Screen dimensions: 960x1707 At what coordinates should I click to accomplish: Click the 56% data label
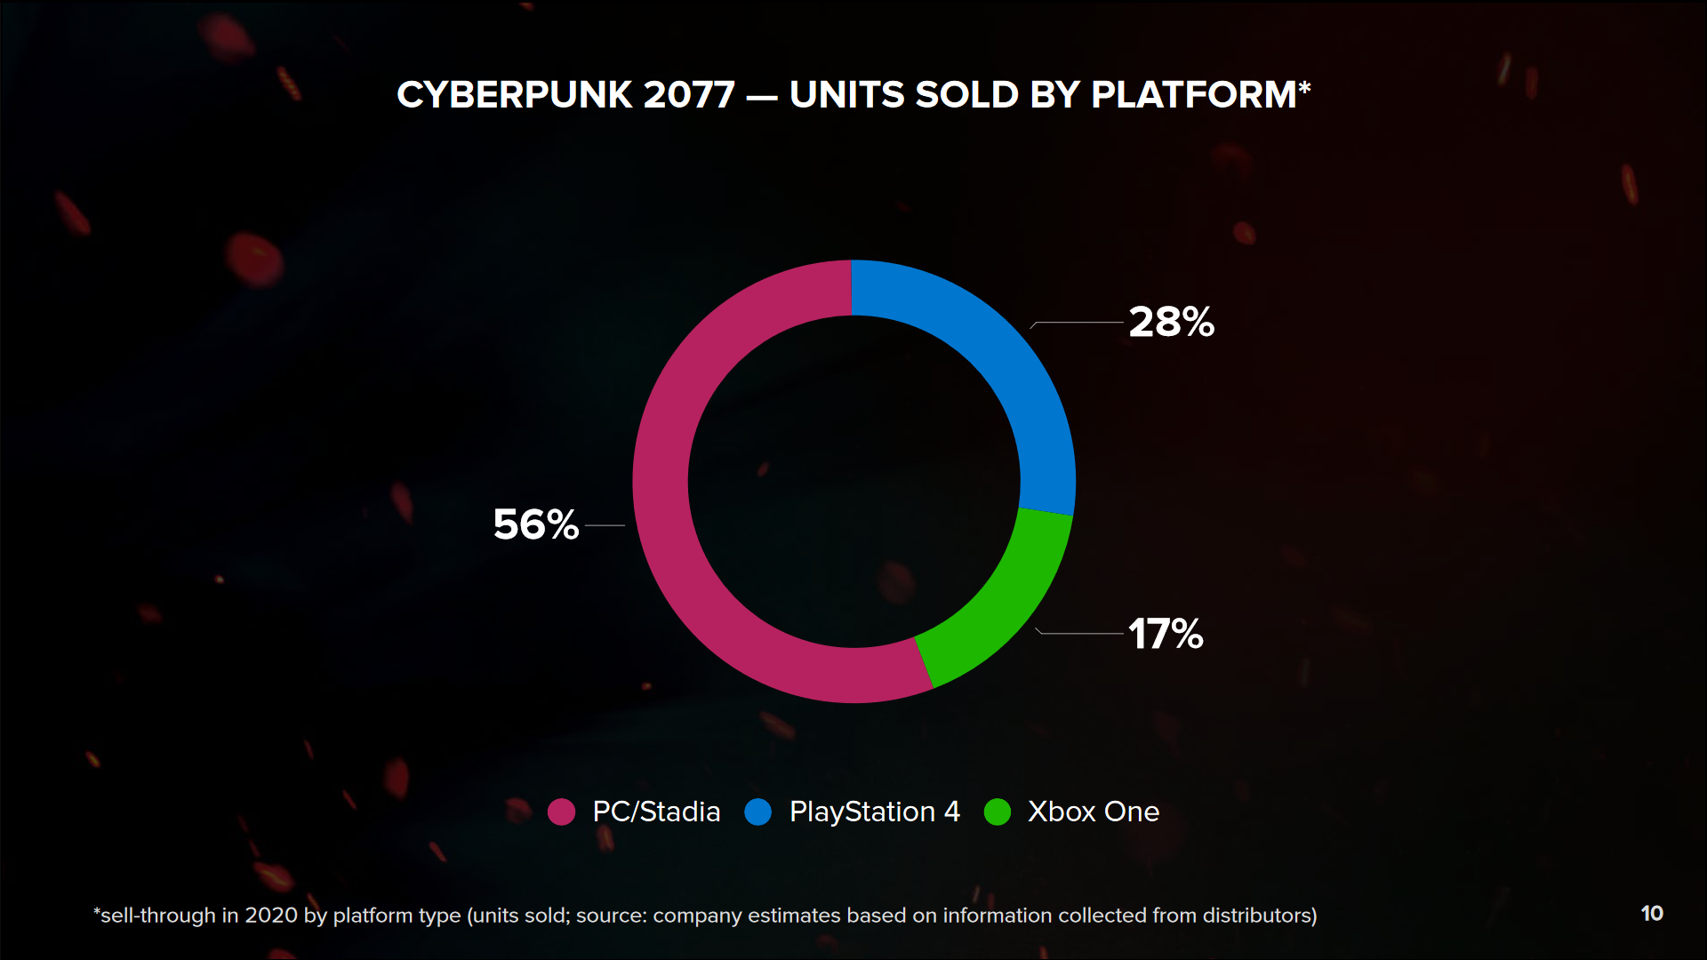[x=535, y=524]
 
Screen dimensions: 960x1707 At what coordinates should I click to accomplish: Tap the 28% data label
[x=1171, y=322]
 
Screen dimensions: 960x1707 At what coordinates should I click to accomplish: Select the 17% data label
[x=1166, y=634]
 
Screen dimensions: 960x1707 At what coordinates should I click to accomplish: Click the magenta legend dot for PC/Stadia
[x=561, y=812]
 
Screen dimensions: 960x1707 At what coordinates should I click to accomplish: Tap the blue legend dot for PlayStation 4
[x=757, y=812]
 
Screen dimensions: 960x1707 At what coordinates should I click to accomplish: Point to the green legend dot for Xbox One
[x=998, y=812]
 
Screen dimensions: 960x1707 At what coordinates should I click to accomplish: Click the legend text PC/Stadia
[x=656, y=812]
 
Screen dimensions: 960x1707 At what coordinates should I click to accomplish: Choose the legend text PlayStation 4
[x=875, y=812]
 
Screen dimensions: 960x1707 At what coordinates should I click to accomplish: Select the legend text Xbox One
[x=1094, y=812]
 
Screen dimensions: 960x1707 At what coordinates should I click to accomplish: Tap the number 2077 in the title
[x=689, y=95]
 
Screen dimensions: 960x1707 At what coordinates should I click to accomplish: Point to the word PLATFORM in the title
[x=1194, y=95]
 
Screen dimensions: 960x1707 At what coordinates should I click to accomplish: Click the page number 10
[x=1652, y=914]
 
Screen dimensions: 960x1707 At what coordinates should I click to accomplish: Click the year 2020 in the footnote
[x=270, y=916]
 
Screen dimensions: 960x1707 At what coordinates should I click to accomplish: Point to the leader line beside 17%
[x=1080, y=633]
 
